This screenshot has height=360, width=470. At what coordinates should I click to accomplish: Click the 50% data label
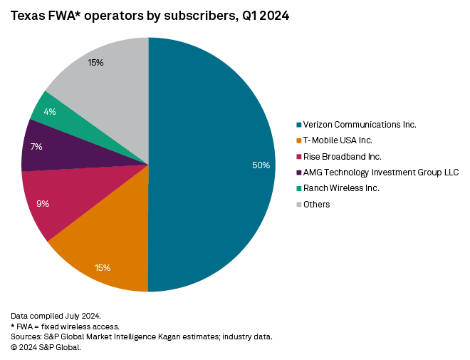[x=261, y=165]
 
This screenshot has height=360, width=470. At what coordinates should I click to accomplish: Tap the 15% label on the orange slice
[x=103, y=268]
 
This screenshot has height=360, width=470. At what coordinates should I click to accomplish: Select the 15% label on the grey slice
[x=96, y=63]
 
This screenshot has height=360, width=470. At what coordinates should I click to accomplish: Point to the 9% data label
[x=43, y=204]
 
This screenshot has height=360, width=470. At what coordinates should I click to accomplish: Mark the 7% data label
[x=36, y=147]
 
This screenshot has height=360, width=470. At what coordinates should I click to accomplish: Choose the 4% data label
[x=49, y=112]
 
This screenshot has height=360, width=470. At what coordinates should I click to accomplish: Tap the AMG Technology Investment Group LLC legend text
[x=381, y=173]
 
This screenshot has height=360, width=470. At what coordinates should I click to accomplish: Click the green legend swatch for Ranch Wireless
[x=298, y=188]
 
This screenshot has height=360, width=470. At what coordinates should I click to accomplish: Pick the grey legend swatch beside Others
[x=298, y=205]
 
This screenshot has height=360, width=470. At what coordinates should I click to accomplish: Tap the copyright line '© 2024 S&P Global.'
[x=46, y=347]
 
